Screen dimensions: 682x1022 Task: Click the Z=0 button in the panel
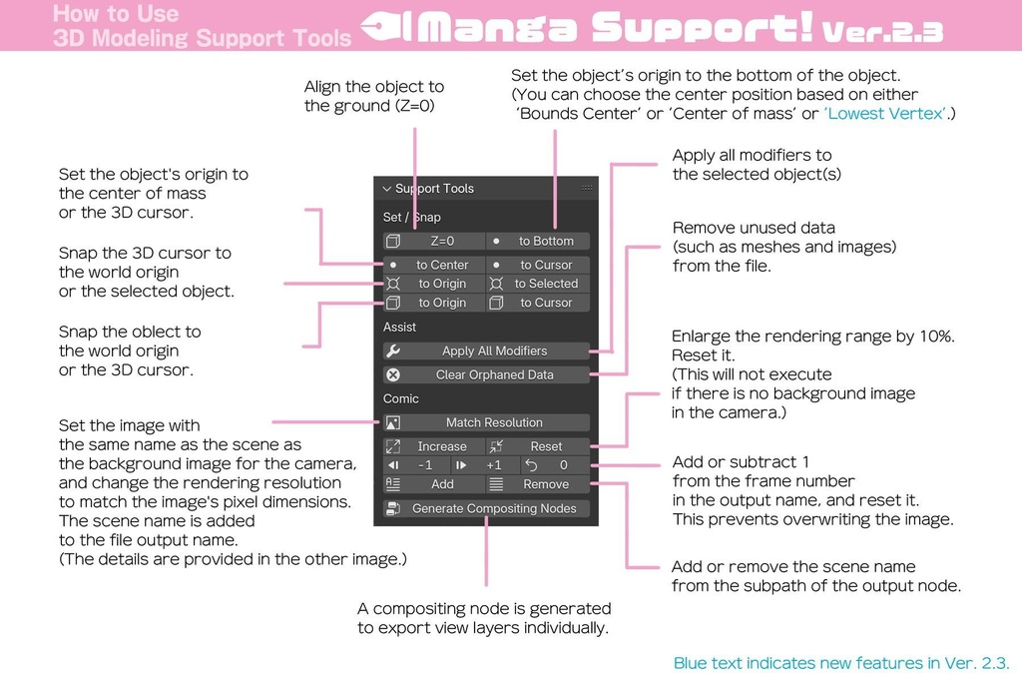tap(434, 241)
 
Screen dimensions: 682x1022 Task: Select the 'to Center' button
tap(434, 265)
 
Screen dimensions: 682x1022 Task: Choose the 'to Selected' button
tap(539, 284)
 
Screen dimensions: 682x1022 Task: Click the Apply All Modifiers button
tap(486, 350)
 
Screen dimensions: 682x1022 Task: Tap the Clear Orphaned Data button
tap(486, 374)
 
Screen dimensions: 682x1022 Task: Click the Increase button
tap(434, 446)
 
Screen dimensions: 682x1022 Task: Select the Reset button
tap(539, 446)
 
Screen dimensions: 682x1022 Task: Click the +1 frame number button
tap(485, 465)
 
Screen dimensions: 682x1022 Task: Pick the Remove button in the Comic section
tap(539, 484)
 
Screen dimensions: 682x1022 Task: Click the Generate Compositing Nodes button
tap(486, 508)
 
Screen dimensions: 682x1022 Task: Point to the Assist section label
tap(400, 327)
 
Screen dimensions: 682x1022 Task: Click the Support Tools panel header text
tap(434, 189)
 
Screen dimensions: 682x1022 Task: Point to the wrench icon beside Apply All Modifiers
tap(393, 350)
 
